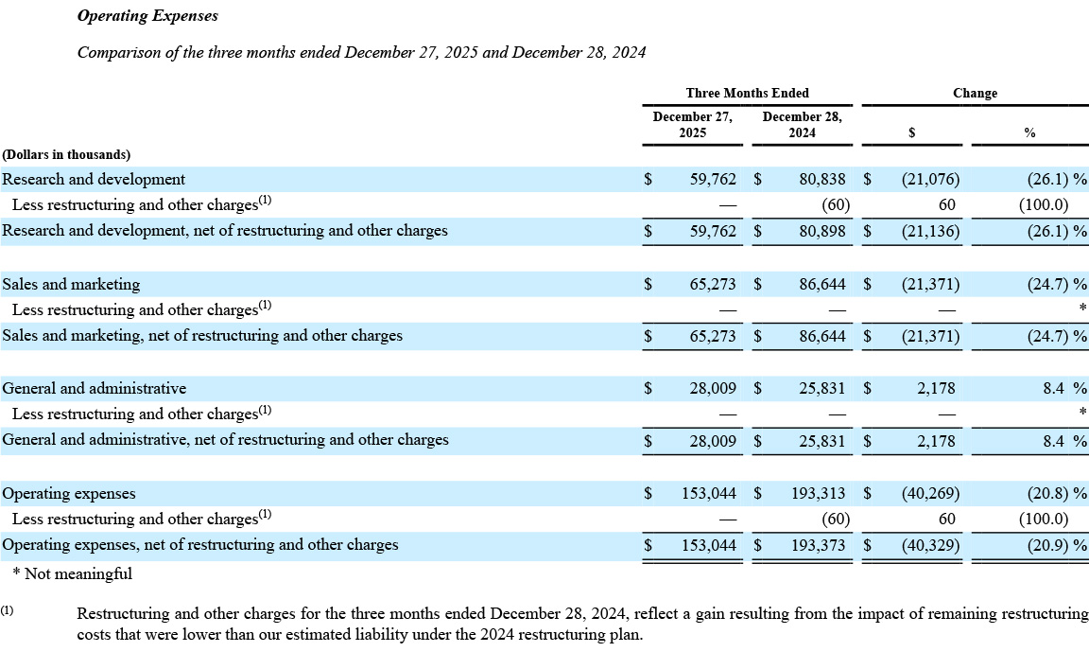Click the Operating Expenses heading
[147, 16]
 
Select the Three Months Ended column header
[747, 93]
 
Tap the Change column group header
[975, 93]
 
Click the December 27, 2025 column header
[692, 125]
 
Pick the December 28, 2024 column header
[802, 125]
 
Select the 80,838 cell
[821, 179]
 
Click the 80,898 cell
[821, 230]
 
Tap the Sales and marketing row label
[71, 284]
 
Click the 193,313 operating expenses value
[818, 493]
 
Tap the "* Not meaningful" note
[72, 573]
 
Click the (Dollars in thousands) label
[66, 154]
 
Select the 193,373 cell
[818, 544]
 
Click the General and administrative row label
[95, 388]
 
